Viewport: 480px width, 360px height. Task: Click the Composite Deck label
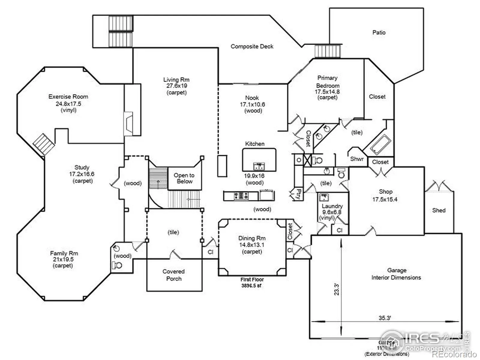pos(252,46)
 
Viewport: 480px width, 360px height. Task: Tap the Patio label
pos(379,32)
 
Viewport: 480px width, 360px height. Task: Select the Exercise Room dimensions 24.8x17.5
pos(68,104)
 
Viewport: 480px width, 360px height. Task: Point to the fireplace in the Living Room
pos(129,123)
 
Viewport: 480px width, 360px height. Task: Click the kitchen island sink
pos(259,166)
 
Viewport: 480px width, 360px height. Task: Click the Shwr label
pos(357,159)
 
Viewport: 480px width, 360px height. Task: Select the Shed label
pos(439,210)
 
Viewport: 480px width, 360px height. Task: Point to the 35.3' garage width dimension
pos(384,318)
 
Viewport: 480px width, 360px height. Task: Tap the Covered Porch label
pos(174,275)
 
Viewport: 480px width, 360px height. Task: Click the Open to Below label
pos(184,178)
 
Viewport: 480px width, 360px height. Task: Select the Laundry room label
pos(332,206)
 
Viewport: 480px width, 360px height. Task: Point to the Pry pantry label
pos(298,194)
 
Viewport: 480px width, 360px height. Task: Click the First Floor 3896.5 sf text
pos(252,283)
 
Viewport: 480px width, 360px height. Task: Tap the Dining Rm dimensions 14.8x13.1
pos(252,245)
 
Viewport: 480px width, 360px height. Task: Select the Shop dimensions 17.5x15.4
pos(385,199)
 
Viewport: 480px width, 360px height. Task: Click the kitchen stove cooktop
pos(241,196)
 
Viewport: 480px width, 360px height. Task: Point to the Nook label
pos(252,98)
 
